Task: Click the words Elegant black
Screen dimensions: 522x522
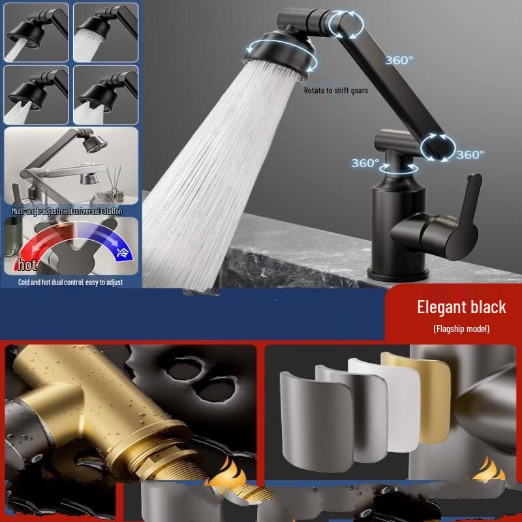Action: (461, 307)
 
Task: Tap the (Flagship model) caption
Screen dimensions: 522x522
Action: (461, 328)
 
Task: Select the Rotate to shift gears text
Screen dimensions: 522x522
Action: (335, 91)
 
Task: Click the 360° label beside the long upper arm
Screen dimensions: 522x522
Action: (399, 60)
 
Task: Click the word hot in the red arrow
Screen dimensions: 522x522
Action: (27, 266)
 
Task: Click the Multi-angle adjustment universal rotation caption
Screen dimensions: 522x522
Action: (67, 211)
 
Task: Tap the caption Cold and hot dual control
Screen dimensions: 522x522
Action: (70, 283)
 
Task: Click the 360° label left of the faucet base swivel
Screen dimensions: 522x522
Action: (365, 163)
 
